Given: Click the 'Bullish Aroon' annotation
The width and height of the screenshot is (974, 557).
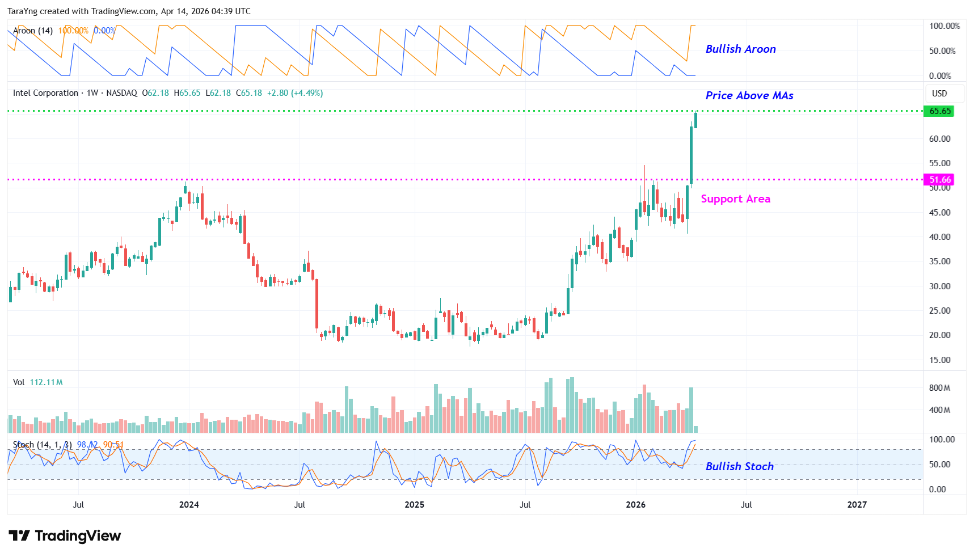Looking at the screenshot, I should coord(740,49).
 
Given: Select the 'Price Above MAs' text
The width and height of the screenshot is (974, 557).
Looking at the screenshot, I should coord(749,96).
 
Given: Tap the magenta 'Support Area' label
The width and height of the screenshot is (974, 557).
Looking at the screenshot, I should coord(735,199).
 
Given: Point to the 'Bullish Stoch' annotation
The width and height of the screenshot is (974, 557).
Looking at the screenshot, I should coord(739,466).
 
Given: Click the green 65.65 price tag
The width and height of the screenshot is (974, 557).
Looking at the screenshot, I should coord(939,111).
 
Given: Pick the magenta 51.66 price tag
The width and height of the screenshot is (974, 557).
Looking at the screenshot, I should coord(939,180).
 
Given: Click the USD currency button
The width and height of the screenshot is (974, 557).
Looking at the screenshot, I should coord(939,94).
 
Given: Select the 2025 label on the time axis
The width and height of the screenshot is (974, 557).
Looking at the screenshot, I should coord(414,505).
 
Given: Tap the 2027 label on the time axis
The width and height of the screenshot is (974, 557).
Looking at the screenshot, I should coord(857,505).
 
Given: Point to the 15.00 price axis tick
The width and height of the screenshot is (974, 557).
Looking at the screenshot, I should coord(939,360).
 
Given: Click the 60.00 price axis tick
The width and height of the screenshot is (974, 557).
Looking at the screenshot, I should coord(939,139).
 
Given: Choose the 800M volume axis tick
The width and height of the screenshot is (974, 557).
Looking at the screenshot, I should coord(939,388).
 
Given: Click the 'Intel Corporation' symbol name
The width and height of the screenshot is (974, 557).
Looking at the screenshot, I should coord(45,93).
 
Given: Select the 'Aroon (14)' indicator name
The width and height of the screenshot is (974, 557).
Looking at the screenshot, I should coord(33,31).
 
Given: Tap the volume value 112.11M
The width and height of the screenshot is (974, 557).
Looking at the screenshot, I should coord(46,382).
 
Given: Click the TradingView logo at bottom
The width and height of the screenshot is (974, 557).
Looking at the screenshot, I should coord(65,536).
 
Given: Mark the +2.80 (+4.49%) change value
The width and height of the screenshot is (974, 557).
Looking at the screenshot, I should coord(295,93).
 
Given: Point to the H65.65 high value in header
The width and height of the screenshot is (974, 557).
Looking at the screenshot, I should coord(187,93).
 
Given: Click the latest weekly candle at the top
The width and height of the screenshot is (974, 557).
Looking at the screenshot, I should coord(695,120).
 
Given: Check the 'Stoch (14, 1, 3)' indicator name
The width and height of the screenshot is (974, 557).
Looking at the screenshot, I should coord(42,445).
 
